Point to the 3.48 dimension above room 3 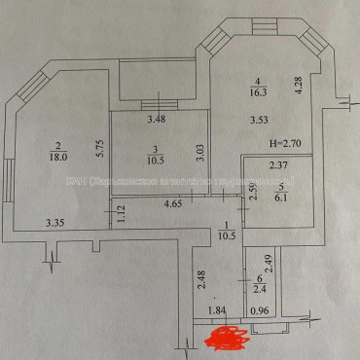(156, 121)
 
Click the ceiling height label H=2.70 (287, 142)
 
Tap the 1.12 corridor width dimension (121, 216)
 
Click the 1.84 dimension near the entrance (217, 310)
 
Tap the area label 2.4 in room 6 (259, 289)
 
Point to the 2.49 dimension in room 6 (270, 260)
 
